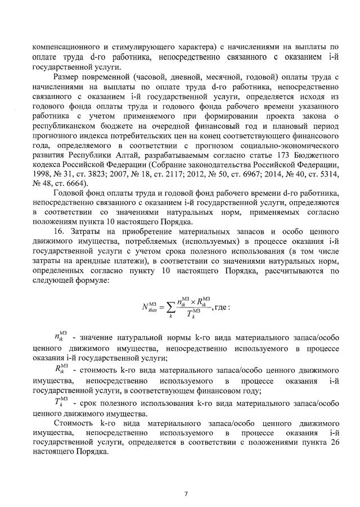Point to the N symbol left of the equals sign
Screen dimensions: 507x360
(x=145, y=306)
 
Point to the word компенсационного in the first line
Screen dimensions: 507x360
(x=67, y=46)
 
